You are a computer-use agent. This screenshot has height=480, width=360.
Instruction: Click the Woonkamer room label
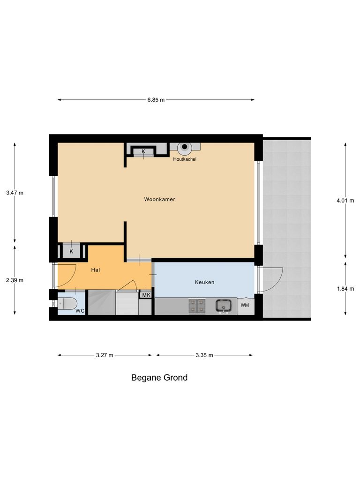(159, 199)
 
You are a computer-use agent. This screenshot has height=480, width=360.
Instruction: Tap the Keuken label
(204, 282)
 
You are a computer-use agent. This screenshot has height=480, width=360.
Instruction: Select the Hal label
(96, 270)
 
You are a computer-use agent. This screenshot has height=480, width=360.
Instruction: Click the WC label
(80, 310)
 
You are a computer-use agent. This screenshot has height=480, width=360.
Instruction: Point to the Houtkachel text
(185, 159)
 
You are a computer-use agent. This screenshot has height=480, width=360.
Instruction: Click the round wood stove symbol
(185, 147)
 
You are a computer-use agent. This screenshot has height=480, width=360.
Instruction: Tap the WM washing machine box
(245, 306)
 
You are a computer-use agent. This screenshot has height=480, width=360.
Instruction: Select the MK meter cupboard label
(146, 295)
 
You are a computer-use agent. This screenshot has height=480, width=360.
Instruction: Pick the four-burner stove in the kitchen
(197, 306)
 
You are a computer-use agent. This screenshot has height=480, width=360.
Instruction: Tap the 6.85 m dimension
(156, 100)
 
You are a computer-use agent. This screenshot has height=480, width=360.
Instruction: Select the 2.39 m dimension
(15, 280)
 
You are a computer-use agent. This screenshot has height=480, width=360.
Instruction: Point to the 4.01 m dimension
(345, 201)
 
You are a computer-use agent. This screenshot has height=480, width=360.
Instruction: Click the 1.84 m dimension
(345, 288)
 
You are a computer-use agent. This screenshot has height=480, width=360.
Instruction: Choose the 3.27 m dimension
(105, 355)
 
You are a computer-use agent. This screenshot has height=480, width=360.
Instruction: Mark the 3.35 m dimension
(204, 355)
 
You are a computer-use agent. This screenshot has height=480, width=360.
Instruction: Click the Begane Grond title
(159, 377)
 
